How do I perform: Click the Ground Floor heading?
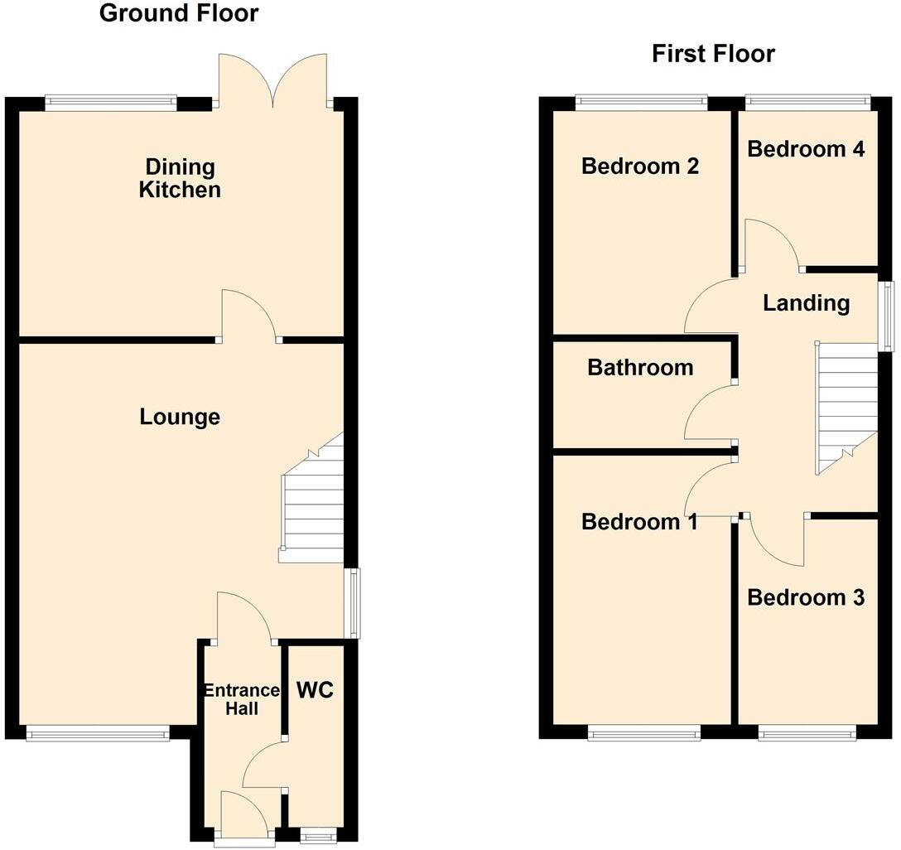tap(178, 13)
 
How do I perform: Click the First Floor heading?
tap(713, 54)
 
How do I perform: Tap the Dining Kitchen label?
tap(180, 178)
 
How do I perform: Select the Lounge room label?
tap(180, 417)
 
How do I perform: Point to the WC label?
tap(315, 689)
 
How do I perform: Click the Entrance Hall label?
tap(242, 699)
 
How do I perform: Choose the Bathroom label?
tap(640, 367)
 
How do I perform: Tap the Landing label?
tap(806, 303)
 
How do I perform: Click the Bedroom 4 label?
tap(806, 149)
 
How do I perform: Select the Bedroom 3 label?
tap(806, 597)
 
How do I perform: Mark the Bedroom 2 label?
tap(640, 166)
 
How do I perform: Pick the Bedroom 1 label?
tap(640, 522)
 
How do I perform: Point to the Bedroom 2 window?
tap(642, 103)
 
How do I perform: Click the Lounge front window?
tap(98, 732)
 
